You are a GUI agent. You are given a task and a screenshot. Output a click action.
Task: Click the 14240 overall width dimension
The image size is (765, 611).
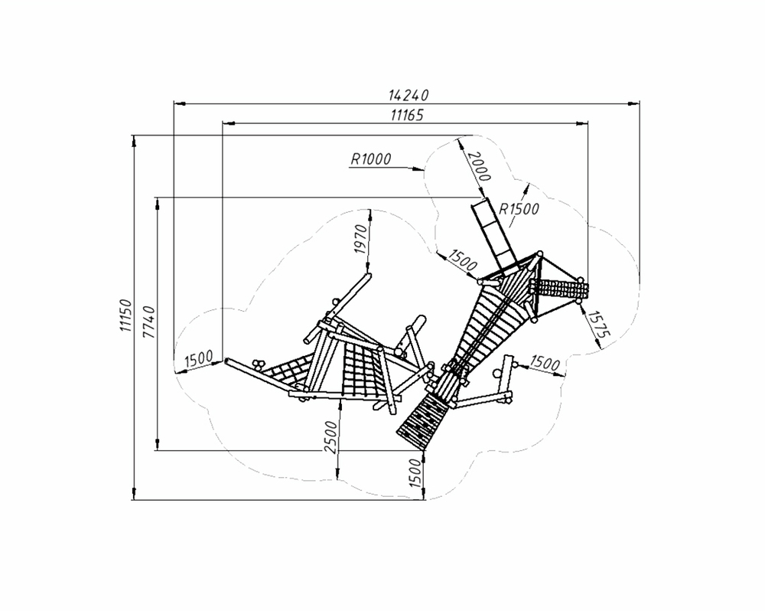[x=409, y=95]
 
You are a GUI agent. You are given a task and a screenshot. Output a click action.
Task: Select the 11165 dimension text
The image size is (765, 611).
[x=408, y=116]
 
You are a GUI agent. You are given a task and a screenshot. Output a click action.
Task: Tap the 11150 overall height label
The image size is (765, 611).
[x=126, y=315]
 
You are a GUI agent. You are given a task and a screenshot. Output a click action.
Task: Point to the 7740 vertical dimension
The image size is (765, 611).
[x=149, y=322]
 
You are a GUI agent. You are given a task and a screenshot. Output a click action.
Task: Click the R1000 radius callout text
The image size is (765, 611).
[x=371, y=158]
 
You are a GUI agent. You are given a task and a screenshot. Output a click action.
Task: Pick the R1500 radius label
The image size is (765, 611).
[x=519, y=208]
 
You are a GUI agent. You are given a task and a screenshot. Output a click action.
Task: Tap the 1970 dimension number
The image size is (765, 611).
[x=361, y=239]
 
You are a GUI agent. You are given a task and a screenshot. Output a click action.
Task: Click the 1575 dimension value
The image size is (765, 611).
[x=599, y=324]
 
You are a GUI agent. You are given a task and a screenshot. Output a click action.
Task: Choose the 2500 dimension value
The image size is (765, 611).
[x=330, y=437]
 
